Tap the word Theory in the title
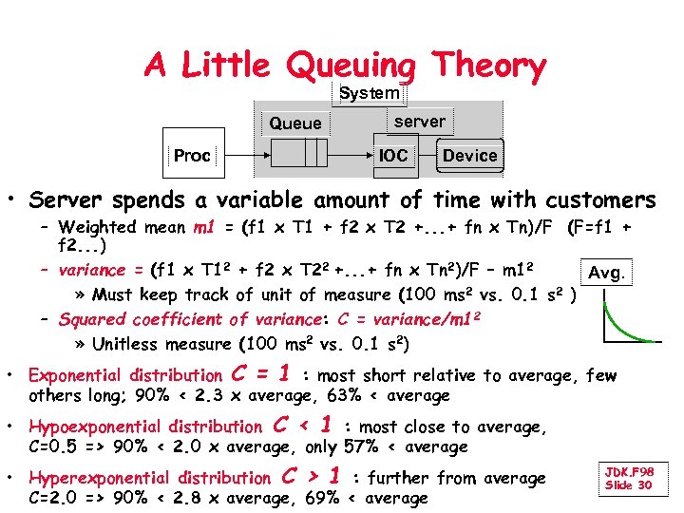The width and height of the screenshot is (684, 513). tap(488, 66)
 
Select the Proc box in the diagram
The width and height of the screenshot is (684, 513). tap(192, 155)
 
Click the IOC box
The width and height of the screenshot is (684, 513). tap(393, 155)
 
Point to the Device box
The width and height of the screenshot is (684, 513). tap(469, 155)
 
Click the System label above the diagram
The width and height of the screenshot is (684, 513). tap(370, 93)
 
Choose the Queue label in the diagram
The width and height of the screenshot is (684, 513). tap(295, 123)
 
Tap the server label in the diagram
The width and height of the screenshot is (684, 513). tap(419, 122)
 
